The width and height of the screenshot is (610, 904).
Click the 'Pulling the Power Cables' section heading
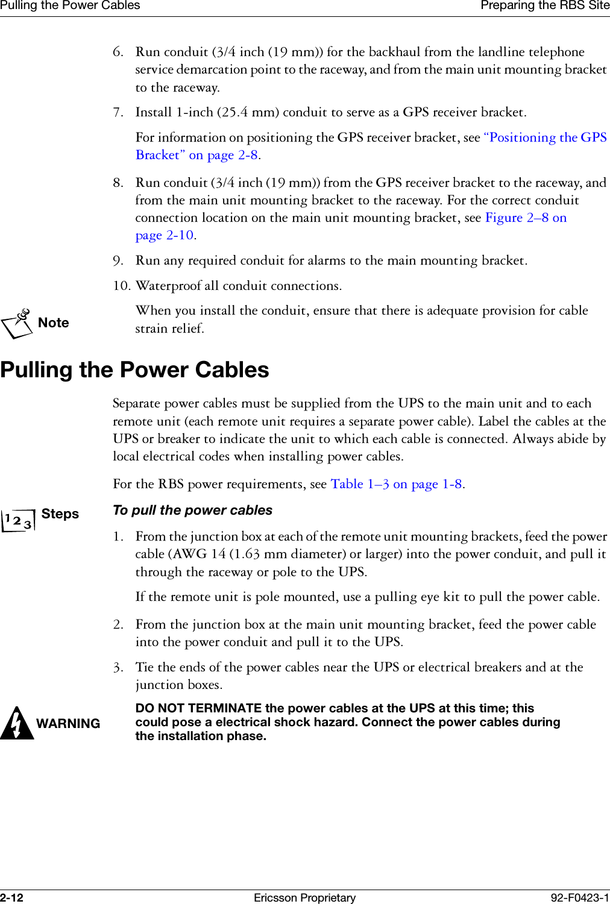pos(134,370)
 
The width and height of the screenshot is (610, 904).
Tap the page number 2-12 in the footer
pos(11,897)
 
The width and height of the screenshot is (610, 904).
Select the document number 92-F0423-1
pos(579,897)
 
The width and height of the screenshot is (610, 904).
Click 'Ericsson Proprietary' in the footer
pos(304,897)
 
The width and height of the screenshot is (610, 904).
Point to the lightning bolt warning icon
pos(16,723)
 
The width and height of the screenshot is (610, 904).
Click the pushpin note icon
pos(17,323)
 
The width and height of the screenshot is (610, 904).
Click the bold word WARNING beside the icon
pos(68,724)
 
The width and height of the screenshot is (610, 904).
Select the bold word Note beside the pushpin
pos(53,323)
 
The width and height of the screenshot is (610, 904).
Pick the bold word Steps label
pos(60,514)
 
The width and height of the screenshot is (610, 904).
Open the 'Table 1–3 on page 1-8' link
pos(396,484)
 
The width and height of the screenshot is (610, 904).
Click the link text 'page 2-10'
pos(164,235)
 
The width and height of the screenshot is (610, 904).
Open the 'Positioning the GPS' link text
pos(545,137)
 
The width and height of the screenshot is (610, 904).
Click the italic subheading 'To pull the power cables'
pos(192,510)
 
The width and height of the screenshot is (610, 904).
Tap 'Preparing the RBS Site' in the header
pos(544,6)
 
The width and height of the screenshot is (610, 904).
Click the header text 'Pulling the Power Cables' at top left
pos(70,6)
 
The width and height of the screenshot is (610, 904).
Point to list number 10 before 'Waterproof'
pos(121,286)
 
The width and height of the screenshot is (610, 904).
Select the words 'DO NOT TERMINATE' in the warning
pos(198,708)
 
